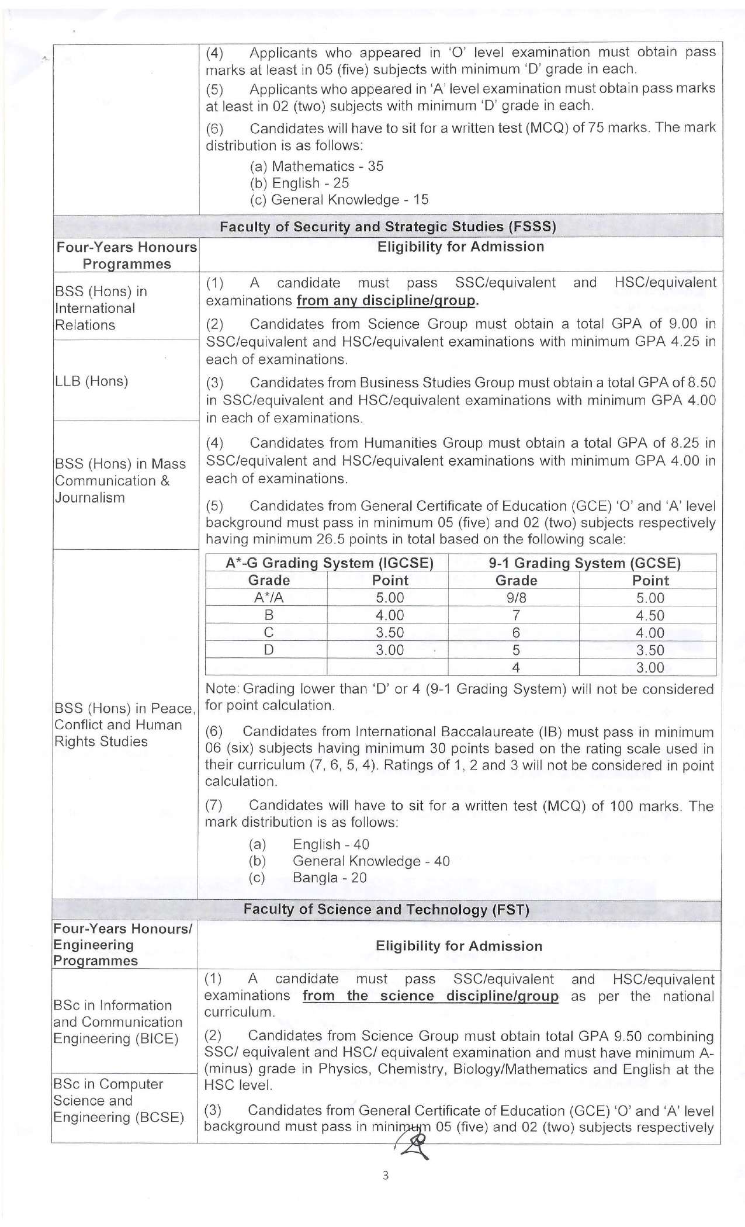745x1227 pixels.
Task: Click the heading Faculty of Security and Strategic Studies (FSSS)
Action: coord(387,227)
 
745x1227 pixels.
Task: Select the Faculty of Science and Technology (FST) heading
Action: coord(386,909)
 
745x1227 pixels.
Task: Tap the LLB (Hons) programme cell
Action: coord(91,382)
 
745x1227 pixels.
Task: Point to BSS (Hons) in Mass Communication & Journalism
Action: coord(120,480)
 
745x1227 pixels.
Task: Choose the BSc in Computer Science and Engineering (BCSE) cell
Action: coord(119,1100)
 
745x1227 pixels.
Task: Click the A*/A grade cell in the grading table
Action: coord(269,598)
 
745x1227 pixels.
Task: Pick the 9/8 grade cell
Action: coord(516,598)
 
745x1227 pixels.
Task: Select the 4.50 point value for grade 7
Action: coord(650,615)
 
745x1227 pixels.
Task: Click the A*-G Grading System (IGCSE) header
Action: coord(330,563)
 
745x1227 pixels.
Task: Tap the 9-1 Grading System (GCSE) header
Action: coord(584,563)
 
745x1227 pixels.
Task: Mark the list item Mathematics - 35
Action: coord(316,167)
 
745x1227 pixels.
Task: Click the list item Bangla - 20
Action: coord(330,878)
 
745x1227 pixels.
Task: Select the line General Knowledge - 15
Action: coord(339,200)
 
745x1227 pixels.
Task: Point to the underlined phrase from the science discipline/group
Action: coord(430,996)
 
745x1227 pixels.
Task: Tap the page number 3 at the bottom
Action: coord(385,1175)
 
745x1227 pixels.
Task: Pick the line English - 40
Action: coord(331,844)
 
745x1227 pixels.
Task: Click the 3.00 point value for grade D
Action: coord(390,650)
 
